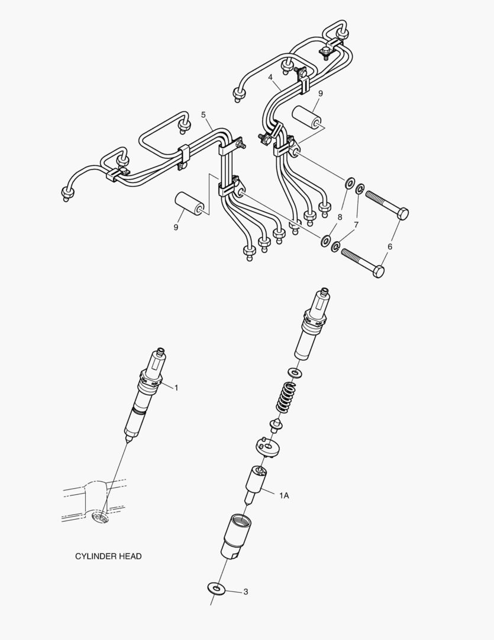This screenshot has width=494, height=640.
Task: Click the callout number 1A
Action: point(284,495)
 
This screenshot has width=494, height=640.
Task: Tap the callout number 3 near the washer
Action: point(245,591)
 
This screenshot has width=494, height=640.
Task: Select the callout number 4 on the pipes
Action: point(270,77)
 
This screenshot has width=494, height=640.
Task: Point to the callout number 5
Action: point(203,114)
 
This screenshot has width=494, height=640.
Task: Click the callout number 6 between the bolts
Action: point(389,245)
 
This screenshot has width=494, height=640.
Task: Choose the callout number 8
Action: point(340,217)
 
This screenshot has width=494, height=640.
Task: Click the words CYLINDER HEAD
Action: point(108,556)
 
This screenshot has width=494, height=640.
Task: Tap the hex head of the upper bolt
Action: point(402,213)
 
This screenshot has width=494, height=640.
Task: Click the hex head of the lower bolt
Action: point(378,271)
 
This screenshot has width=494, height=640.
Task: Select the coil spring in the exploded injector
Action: point(286,398)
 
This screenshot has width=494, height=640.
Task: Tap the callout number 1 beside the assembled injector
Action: point(176,388)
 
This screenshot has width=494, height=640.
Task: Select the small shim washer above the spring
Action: point(294,372)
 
